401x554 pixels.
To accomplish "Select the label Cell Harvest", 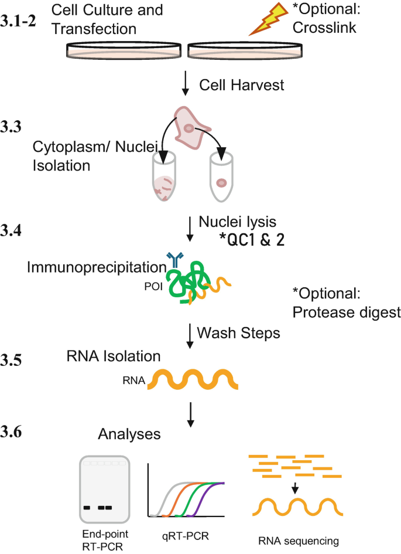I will [242, 85].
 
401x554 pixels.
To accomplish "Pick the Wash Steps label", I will [238, 332].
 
